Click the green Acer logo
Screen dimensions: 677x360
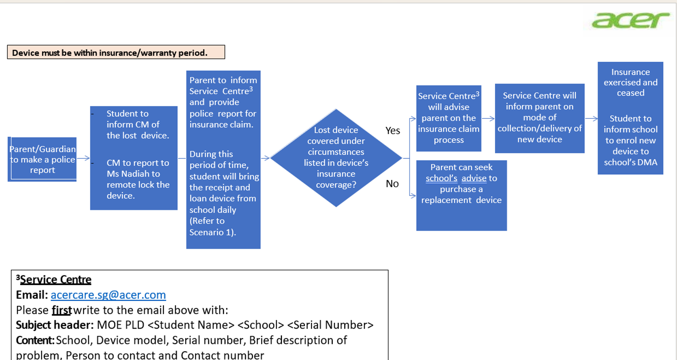pos(630,20)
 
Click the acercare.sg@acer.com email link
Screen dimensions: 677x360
pos(108,295)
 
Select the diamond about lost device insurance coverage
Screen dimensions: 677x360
pos(336,158)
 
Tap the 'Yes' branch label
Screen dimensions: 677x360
pos(393,131)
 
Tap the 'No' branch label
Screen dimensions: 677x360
pos(392,184)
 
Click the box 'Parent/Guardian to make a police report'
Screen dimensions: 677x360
pos(43,159)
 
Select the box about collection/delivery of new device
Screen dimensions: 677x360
pos(540,118)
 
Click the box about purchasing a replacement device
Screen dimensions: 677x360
pos(462,195)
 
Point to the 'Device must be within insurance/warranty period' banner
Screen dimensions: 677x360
pos(116,52)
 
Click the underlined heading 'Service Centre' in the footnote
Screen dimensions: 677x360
pos(56,279)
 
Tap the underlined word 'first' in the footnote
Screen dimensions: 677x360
pos(62,310)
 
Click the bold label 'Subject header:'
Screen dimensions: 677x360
pos(55,325)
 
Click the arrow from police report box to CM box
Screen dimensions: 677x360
pos(83,158)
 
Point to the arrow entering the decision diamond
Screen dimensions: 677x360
pos(265,158)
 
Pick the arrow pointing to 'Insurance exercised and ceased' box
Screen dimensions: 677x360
pos(591,118)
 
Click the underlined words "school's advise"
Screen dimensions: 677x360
pos(456,178)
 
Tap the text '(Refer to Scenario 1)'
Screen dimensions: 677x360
pos(213,227)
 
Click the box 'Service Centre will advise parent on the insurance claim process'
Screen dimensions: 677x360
pos(449,118)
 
